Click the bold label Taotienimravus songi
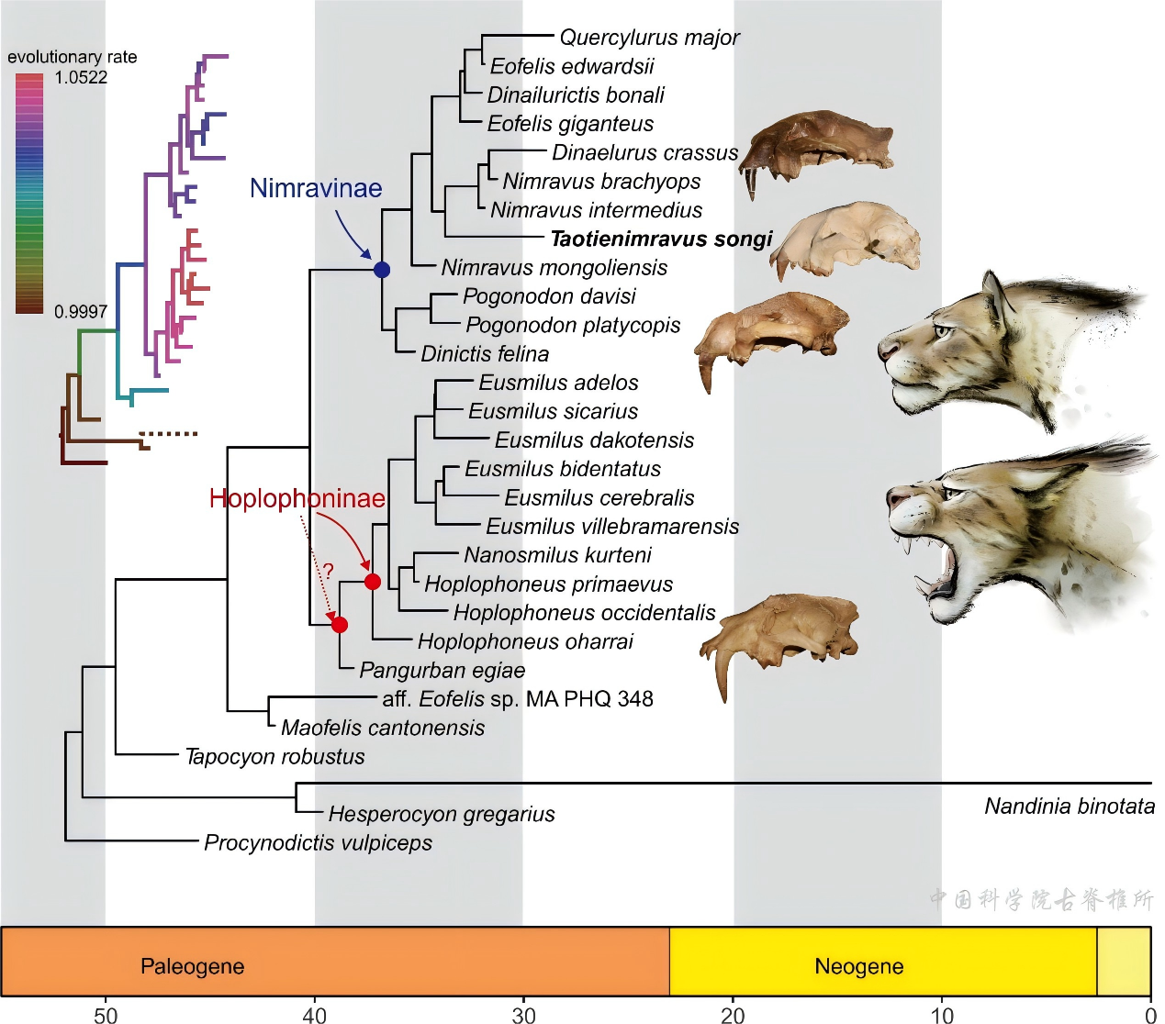pos(661,239)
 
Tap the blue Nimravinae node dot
pos(382,270)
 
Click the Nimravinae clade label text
pos(316,188)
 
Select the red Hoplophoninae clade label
pos(297,498)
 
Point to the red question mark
pos(328,571)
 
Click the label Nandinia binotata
pos(1070,807)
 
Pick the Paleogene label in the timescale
pos(192,966)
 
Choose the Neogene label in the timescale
pos(858,966)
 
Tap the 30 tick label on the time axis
pos(523,1015)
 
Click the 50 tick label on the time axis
pos(106,1015)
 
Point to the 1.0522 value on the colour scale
pos(81,78)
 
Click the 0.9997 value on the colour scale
pos(81,312)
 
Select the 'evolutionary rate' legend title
pos(73,57)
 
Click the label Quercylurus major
pos(649,38)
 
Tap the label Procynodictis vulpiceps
pos(318,843)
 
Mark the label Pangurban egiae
pos(442,671)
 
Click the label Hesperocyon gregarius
pos(442,814)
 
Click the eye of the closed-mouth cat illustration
pos(943,330)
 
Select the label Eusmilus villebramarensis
pos(612,527)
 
